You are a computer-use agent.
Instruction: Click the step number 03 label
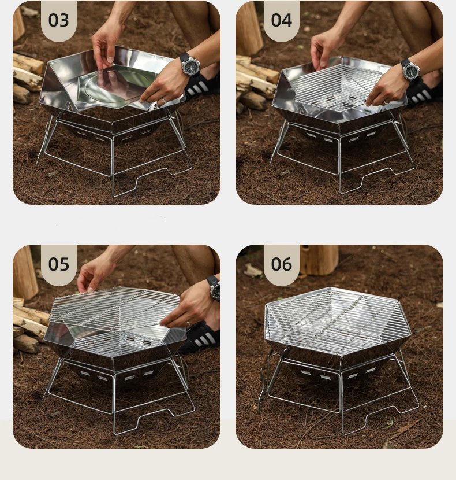tap(58, 20)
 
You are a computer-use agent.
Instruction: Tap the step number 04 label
tap(281, 20)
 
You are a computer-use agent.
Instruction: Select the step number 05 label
tap(58, 264)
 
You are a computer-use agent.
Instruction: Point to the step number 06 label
tap(281, 264)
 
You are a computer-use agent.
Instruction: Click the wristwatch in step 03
tap(189, 65)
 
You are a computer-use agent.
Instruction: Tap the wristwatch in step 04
tap(410, 70)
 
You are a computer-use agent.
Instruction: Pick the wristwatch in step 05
tap(214, 288)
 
